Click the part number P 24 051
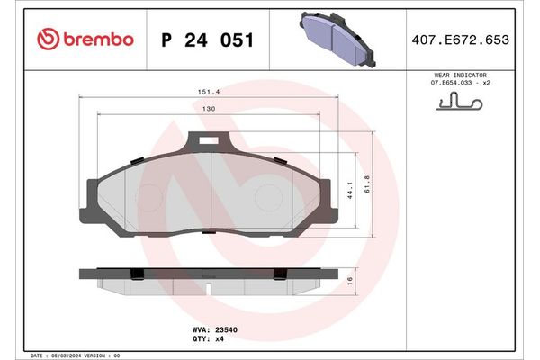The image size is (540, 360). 206,40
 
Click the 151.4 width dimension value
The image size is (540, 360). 210,90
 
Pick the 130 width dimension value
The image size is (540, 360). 208,109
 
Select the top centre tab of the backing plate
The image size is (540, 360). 209,141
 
